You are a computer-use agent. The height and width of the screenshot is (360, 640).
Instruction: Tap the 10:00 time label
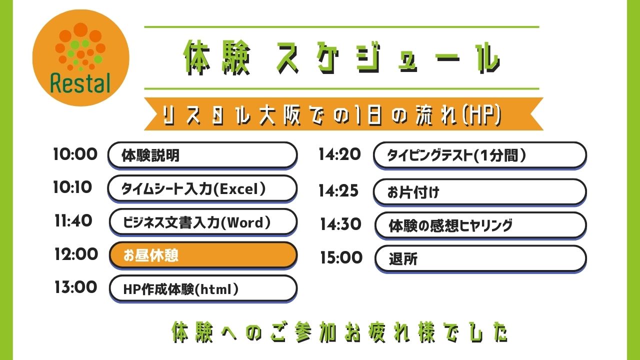(75, 154)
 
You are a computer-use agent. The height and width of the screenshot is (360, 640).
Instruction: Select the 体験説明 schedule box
(202, 155)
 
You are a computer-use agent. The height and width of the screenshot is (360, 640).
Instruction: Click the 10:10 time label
(73, 187)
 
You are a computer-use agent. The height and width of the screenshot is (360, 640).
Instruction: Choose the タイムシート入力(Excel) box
(202, 188)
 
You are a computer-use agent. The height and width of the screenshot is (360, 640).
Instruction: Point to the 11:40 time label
(73, 220)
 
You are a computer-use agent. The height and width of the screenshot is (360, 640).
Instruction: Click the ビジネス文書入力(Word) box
(202, 221)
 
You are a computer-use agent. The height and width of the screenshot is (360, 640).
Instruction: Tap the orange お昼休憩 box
(202, 255)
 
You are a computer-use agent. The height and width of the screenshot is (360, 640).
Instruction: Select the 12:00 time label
(76, 254)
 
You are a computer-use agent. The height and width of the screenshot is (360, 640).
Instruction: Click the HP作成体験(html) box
(202, 288)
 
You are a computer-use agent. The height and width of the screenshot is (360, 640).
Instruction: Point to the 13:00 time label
(76, 287)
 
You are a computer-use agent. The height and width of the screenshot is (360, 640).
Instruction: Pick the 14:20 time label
(339, 154)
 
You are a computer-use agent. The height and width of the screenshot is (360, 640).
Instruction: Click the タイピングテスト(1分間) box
(479, 155)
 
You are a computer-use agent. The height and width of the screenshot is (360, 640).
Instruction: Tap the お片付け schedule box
(479, 192)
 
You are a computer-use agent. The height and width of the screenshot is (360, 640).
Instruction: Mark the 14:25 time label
(338, 191)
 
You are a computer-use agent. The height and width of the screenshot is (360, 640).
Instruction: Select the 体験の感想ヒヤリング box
(480, 225)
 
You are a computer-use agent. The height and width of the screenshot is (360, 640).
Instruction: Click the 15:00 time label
(341, 258)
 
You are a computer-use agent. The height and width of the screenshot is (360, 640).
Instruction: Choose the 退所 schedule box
(480, 258)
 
